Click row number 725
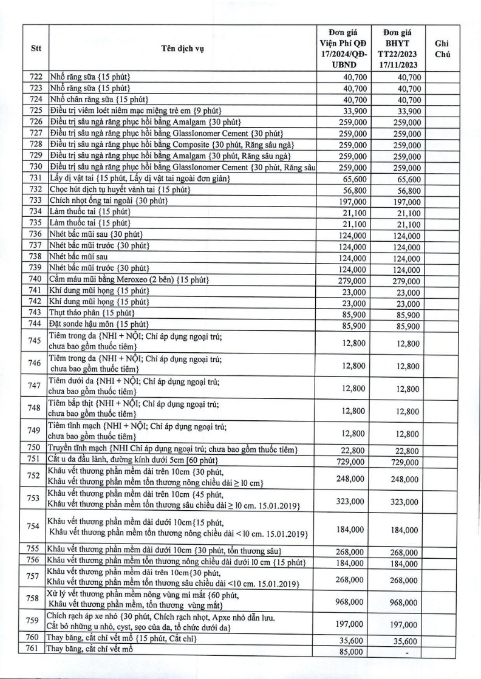pos(36,110)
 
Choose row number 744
pos(36,323)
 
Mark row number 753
pos(35,497)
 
